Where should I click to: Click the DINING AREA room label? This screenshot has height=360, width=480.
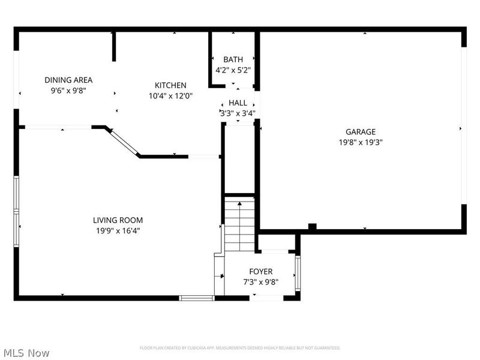68,80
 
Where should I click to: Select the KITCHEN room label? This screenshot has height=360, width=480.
170,85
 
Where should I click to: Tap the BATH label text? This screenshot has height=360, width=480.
233,59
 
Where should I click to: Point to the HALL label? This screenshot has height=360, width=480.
238,103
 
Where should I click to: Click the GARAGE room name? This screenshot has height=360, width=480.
360,132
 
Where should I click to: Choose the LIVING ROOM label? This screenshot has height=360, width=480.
118,220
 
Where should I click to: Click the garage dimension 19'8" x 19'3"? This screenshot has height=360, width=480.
360,143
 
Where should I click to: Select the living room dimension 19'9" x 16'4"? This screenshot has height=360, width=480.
118,231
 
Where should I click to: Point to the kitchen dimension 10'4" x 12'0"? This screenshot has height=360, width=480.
170,96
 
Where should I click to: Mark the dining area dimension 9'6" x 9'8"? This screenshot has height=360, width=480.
68,91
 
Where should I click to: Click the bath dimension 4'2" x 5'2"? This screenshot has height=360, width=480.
233,70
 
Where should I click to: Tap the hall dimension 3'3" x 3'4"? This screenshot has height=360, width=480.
238,113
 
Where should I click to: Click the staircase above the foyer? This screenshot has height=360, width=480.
239,226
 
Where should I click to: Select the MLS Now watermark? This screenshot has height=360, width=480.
26,353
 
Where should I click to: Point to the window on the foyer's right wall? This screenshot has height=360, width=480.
298,273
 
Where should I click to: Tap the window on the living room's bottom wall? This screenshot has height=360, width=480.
197,298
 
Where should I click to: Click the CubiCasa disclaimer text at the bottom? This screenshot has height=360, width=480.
240,348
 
